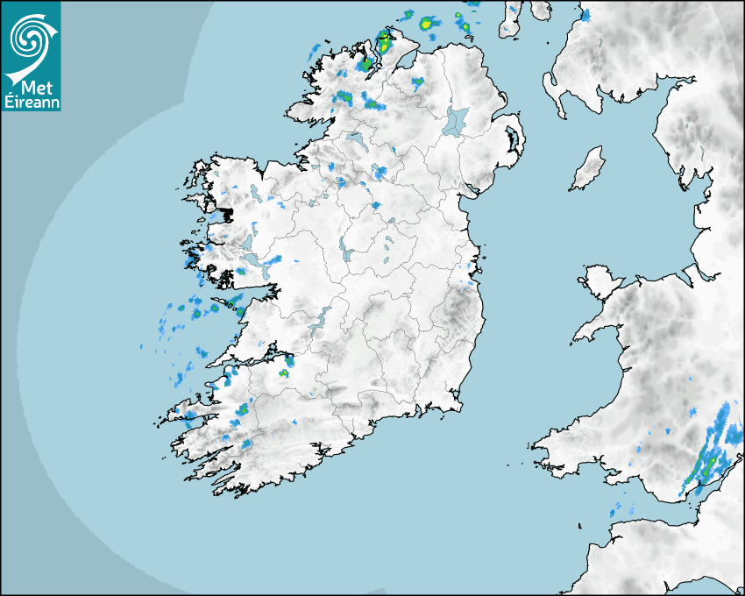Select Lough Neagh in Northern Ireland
tap(457, 120)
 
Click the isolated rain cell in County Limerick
tap(283, 373)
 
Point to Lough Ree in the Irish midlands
tap(347, 255)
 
